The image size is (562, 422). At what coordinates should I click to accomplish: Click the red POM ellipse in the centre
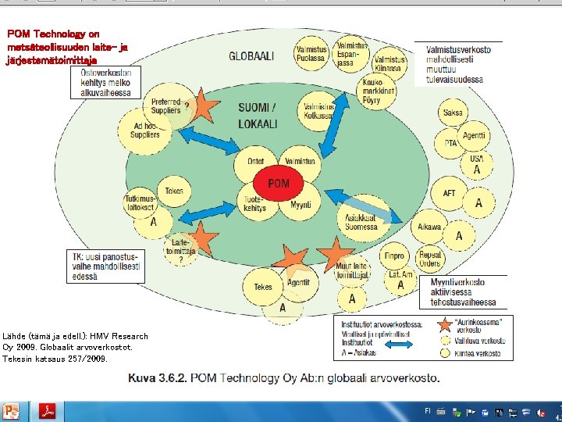click(278, 183)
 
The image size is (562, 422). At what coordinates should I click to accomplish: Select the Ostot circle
click(255, 162)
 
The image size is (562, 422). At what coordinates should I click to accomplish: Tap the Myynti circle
click(301, 205)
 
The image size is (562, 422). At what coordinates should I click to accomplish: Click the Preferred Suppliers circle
click(166, 105)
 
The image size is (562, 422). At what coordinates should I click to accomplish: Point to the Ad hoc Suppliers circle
click(147, 130)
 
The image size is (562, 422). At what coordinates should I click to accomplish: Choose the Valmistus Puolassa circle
click(311, 52)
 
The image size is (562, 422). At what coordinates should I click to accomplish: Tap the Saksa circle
click(453, 113)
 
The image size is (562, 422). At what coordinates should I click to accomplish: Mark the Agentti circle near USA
click(474, 136)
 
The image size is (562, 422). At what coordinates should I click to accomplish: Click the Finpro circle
click(394, 256)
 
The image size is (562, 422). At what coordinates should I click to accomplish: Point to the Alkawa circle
click(429, 227)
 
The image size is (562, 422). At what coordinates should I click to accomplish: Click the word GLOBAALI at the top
click(251, 56)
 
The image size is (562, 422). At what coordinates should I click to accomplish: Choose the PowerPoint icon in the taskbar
click(11, 411)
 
